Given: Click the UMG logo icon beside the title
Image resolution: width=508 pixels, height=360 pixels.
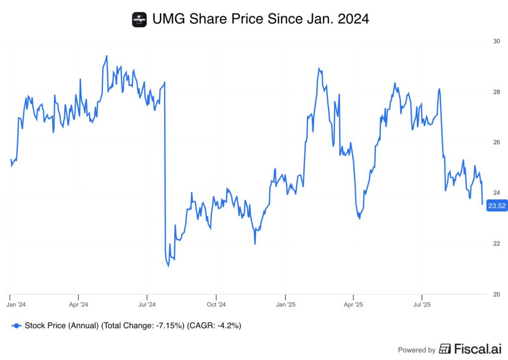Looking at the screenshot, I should coord(139,19).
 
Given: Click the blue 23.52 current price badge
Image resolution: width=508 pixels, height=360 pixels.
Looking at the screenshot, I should coord(497,206).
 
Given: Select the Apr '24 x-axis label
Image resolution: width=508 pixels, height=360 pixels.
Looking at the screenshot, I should coord(78,303).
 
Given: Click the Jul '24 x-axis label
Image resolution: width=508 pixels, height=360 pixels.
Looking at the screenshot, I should coord(147,303).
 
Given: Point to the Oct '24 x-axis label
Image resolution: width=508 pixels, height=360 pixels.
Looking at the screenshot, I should coord(216,303).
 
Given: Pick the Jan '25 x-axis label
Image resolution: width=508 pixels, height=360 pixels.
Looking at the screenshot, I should coord(285,303).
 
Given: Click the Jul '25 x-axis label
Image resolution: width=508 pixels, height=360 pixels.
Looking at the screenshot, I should coord(422,303).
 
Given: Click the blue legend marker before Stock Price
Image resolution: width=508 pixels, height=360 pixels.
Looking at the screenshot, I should coord(16,326).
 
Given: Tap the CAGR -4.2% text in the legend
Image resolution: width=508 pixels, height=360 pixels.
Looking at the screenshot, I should coord(214,326).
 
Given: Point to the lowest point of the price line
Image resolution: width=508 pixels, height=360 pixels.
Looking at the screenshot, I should coord(168,266).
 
